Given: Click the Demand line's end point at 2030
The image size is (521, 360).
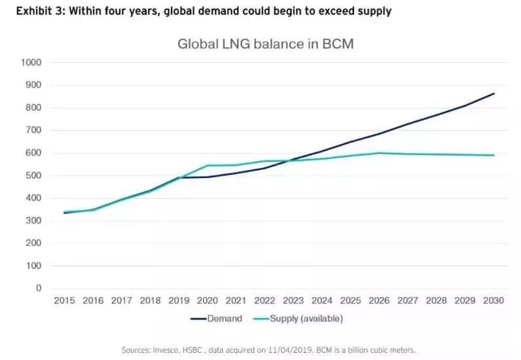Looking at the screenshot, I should (x=494, y=94).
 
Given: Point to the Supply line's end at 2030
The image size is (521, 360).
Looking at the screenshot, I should (x=494, y=155).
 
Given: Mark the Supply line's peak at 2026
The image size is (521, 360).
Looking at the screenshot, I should (x=380, y=153).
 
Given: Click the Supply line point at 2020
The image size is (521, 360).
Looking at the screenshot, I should (x=207, y=165).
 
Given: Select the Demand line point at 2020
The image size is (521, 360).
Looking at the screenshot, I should (x=207, y=177).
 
